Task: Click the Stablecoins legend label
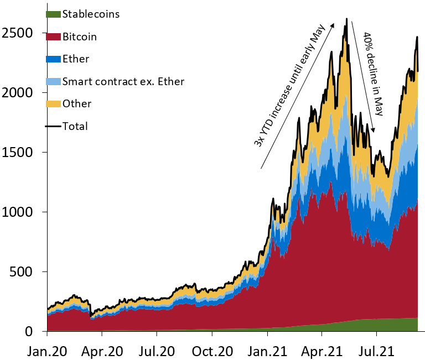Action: pos(91,14)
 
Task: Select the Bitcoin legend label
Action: pos(80,36)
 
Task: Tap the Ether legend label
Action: pos(76,59)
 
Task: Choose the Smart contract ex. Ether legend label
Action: pos(123,81)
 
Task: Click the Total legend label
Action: pos(75,126)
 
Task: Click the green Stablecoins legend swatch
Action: pos(53,14)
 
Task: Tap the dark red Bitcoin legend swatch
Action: pos(53,36)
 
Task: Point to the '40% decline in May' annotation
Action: pos(373,73)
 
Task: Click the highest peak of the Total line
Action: pos(346,19)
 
